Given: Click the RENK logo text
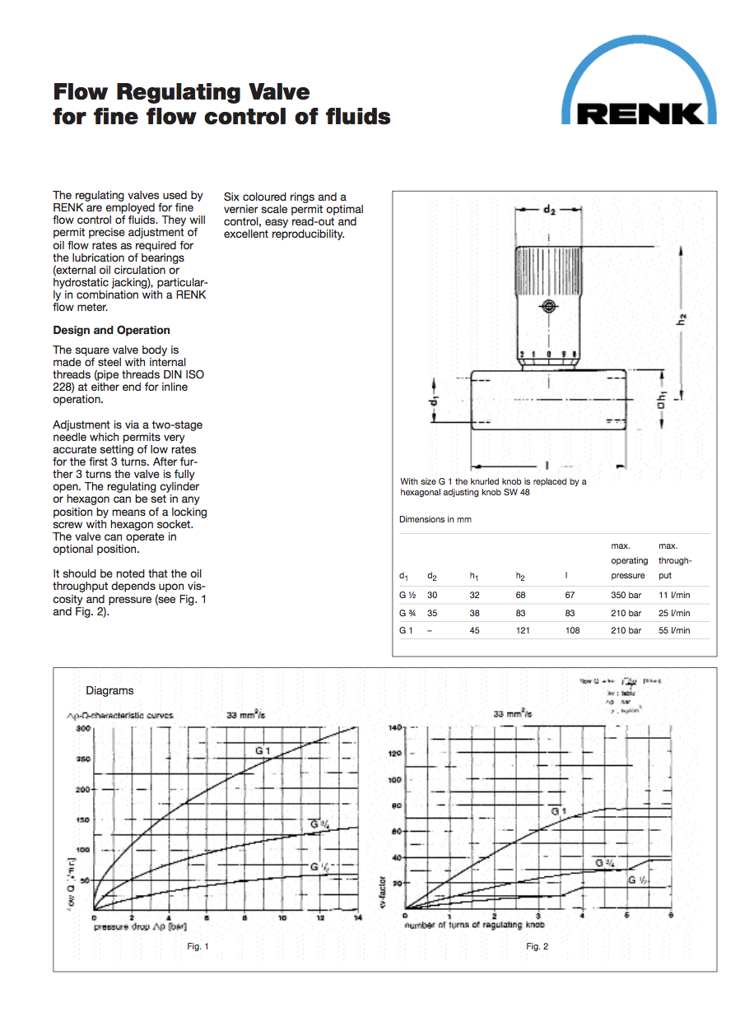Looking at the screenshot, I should [x=640, y=113].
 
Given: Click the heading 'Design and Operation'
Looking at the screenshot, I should [x=111, y=330].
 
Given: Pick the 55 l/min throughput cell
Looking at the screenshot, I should [x=674, y=630].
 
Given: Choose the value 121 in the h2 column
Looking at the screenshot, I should [x=523, y=630].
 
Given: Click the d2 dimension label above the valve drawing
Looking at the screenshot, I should [x=549, y=210].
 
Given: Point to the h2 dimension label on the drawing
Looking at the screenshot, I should [x=682, y=320].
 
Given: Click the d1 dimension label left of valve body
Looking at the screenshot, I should [x=434, y=403].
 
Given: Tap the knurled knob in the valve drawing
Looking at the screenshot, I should [x=548, y=271].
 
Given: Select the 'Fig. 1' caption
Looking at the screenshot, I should [x=198, y=946].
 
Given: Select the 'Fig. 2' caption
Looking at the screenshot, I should [x=537, y=946].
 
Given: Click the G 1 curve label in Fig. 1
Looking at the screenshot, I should [x=263, y=750].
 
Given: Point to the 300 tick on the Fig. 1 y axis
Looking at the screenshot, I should [x=83, y=729].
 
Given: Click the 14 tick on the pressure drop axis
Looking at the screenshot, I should [x=357, y=917].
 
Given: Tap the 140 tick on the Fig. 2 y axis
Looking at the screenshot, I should [x=393, y=729].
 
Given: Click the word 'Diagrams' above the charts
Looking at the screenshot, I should [x=109, y=690].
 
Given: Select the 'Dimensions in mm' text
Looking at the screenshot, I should [x=435, y=520].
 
